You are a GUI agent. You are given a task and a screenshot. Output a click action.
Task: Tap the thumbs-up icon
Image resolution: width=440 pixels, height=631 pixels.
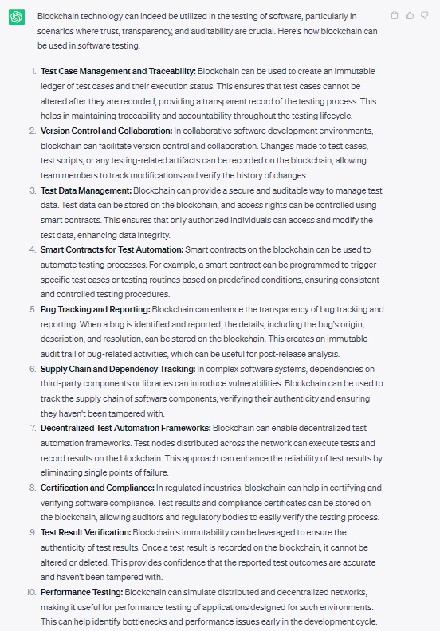[x=410, y=15]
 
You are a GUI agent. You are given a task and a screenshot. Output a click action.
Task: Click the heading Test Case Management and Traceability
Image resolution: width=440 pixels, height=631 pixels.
[x=118, y=71]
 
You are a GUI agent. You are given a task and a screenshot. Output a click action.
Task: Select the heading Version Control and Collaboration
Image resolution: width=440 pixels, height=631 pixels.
[x=106, y=131]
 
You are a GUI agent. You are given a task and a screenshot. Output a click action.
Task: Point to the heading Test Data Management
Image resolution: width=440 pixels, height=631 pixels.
[x=85, y=190]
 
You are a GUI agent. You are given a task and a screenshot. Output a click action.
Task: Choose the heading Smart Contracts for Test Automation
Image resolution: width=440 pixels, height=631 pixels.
[x=115, y=249]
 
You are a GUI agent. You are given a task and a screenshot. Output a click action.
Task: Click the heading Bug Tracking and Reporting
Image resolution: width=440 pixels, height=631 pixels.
[x=95, y=309]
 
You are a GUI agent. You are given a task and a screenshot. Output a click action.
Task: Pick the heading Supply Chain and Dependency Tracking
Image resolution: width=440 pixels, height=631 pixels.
[x=118, y=369]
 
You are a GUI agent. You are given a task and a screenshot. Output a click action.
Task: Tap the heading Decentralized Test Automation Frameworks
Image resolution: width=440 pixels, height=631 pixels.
[x=125, y=429]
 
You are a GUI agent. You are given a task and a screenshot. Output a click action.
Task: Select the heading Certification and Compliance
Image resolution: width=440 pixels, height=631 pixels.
[x=97, y=488]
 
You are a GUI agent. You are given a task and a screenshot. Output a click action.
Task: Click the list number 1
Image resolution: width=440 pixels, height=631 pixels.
[x=33, y=71]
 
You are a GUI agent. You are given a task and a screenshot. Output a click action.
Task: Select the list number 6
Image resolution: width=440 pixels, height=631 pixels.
[x=33, y=369]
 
